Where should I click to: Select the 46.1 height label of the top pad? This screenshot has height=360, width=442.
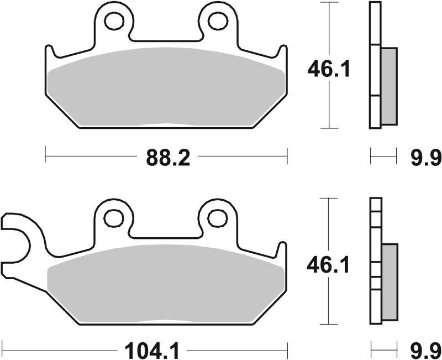pyautogui.click(x=329, y=70)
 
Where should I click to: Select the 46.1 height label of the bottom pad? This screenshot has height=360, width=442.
pyautogui.click(x=329, y=266)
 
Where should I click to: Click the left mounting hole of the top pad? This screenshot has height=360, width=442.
pyautogui.click(x=115, y=21)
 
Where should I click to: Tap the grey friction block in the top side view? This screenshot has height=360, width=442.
pyautogui.click(x=389, y=86)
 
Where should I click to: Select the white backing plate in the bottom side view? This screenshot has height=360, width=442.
pyautogui.click(x=376, y=260)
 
